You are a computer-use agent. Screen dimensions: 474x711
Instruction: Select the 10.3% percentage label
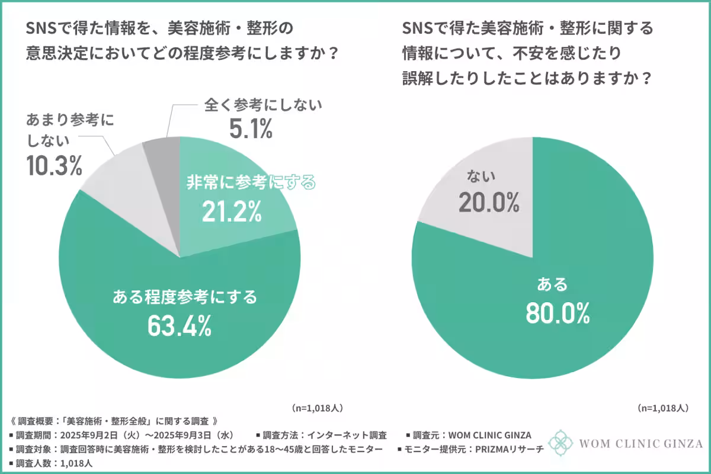[x=53, y=166]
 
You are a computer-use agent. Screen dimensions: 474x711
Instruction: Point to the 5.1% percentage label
[x=251, y=129]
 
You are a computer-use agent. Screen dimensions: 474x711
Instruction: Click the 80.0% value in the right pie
[x=558, y=313]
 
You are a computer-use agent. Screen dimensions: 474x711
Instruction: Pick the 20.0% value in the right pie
[x=489, y=203]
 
